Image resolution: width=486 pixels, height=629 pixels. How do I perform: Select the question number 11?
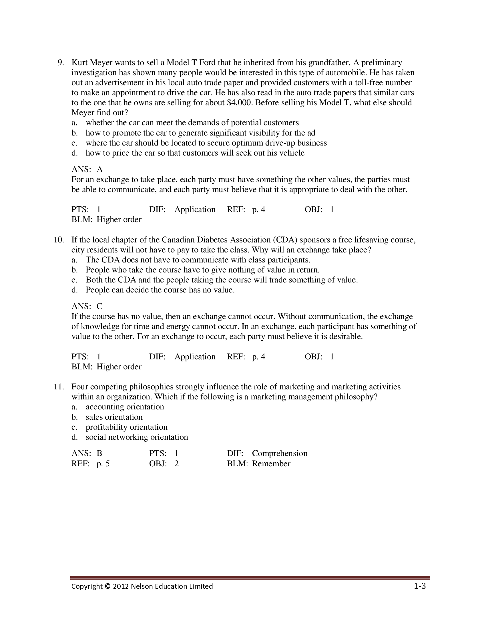coord(59,387)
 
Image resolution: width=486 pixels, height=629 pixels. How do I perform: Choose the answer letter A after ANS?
coord(99,169)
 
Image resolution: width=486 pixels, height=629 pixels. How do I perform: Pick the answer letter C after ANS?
coord(99,306)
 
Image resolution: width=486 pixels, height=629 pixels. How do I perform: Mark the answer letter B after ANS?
coord(99,453)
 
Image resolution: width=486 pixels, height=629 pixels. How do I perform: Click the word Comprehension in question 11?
coord(280,453)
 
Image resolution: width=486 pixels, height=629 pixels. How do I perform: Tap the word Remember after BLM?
coord(271,464)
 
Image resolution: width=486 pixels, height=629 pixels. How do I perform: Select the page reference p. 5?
coord(103,464)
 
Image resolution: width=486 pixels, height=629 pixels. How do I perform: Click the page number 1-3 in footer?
coord(419,586)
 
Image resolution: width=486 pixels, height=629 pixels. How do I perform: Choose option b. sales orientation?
coord(114,417)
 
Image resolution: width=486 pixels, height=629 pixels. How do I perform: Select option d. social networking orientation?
coord(137,437)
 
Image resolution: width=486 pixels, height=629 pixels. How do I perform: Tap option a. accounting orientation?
coord(125,407)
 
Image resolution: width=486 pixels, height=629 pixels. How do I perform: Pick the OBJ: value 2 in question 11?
coord(176,464)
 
